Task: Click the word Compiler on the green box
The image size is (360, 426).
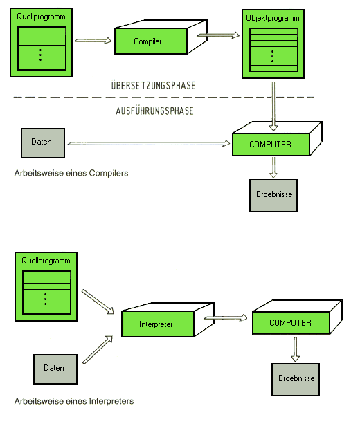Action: pos(147,41)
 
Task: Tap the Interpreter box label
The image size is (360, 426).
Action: pos(156,324)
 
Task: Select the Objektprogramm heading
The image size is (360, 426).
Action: pos(273,18)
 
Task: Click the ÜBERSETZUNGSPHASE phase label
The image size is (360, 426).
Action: pos(154,85)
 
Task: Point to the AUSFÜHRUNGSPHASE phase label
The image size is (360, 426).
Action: pos(154,111)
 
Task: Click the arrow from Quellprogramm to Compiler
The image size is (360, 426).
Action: pos(93,41)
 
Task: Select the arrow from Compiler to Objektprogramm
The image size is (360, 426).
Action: pos(218,35)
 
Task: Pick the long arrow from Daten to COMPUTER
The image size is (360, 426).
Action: pos(149,143)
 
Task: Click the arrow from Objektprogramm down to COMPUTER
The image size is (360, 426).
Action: pos(273,106)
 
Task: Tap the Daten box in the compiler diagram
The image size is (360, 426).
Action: pos(43,143)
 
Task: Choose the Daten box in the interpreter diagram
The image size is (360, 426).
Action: pos(55,369)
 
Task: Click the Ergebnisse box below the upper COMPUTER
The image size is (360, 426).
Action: pos(273,195)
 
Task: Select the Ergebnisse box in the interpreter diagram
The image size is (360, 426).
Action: pos(296,379)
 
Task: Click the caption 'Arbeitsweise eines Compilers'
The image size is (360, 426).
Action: pos(71,173)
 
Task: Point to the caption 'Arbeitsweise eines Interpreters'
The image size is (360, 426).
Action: pos(74,401)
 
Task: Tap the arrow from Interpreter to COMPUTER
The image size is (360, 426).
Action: pos(226,317)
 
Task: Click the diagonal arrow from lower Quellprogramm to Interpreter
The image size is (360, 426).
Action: pos(98,302)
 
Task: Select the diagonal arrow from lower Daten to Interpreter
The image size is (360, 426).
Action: pos(98,350)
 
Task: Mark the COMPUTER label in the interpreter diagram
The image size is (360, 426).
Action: pos(290,322)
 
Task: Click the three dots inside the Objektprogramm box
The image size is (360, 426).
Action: pos(273,56)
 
